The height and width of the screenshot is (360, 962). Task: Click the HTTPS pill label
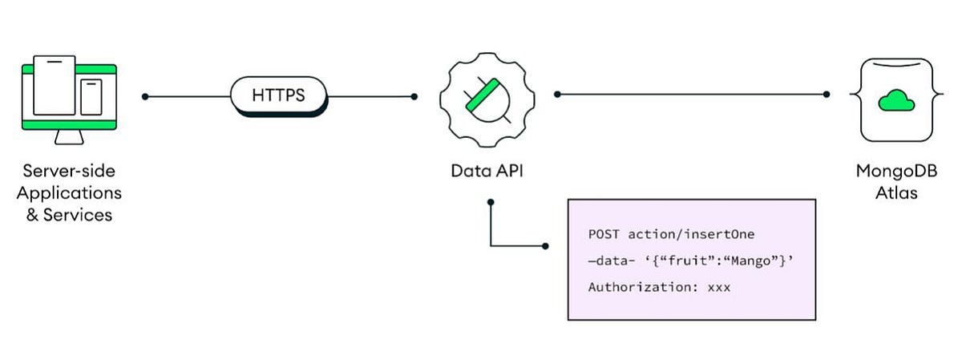click(x=278, y=96)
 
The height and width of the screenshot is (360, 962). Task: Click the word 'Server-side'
click(x=69, y=171)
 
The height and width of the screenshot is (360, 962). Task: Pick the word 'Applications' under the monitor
click(x=69, y=193)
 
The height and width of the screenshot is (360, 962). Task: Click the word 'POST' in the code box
click(x=604, y=234)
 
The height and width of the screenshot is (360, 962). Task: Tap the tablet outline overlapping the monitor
click(x=54, y=85)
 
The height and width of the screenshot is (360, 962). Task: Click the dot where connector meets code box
click(x=546, y=245)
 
